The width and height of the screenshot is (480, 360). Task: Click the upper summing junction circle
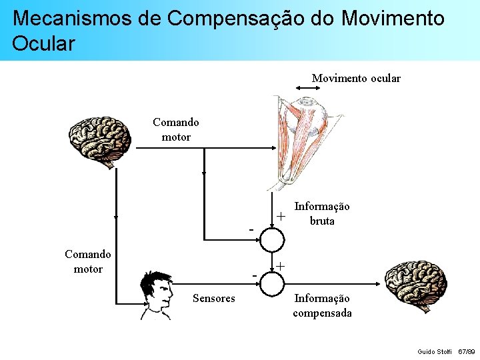coord(271,238)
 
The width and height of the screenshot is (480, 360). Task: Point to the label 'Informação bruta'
coord(322,214)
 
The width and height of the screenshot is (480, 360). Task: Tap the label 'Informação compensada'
coord(322,306)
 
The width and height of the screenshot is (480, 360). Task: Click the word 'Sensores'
coord(213,299)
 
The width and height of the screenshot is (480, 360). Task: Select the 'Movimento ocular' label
coord(356,79)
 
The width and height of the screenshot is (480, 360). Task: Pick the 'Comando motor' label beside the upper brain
coord(176,130)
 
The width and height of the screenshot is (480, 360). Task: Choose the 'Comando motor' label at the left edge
coord(88,261)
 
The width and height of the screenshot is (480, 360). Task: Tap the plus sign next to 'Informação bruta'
coord(281,217)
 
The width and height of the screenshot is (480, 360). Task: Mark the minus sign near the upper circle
coord(251,230)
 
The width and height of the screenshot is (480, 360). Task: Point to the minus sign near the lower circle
coord(255,275)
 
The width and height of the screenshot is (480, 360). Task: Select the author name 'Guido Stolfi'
coord(434,351)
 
